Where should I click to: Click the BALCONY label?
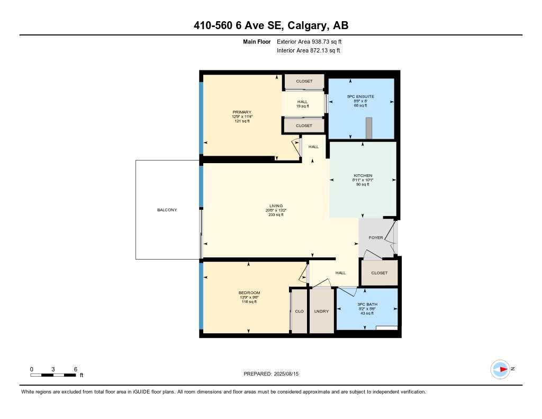167,210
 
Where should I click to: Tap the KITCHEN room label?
363,175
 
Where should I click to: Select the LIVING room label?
275,206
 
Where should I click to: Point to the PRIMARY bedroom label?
241,112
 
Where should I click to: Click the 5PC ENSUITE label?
360,96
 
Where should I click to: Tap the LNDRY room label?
321,311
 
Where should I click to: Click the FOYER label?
376,238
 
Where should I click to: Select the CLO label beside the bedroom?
300,311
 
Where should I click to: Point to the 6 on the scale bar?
76,369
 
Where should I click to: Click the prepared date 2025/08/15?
290,374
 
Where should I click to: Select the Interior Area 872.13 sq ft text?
308,51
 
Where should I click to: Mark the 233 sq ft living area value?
275,215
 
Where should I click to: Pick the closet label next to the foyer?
379,273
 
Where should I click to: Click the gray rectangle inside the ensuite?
369,127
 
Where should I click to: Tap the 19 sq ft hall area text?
302,106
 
